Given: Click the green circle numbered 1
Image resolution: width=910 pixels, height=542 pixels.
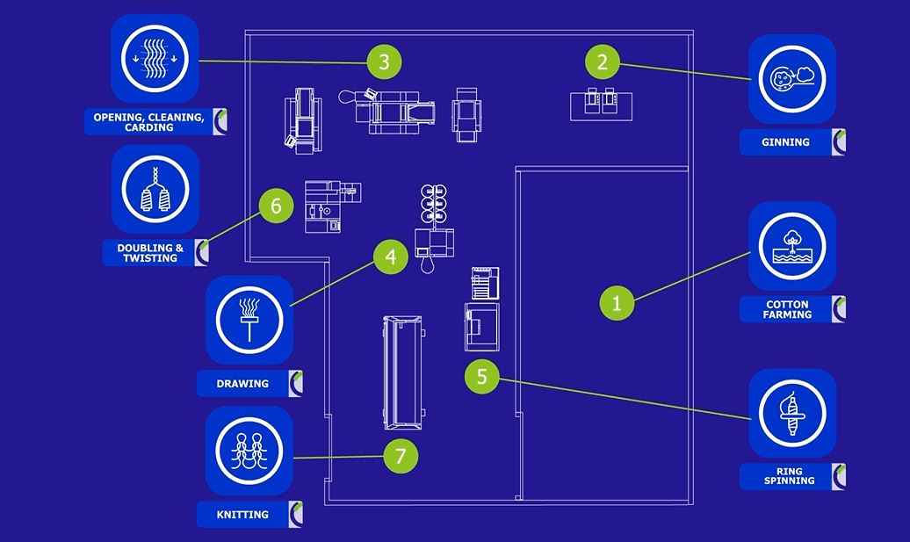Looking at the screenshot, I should click(617, 303).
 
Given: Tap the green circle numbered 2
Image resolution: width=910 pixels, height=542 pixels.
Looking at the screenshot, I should click(603, 61).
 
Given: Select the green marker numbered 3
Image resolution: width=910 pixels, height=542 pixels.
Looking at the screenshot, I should click(384, 61).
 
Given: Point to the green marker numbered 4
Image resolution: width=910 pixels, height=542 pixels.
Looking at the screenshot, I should click(390, 257).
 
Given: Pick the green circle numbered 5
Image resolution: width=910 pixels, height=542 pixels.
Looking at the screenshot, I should click(481, 377).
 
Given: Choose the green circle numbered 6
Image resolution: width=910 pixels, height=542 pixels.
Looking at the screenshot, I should click(276, 206).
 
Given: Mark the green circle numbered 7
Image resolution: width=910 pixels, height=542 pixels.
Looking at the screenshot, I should click(401, 456).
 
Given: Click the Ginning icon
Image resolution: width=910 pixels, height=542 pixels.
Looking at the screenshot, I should click(791, 78).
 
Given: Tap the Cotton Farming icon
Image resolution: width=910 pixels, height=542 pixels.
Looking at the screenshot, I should click(791, 246).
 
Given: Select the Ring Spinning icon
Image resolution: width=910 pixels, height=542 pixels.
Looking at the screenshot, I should click(791, 413).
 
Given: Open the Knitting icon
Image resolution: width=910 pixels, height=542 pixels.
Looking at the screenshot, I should click(249, 450).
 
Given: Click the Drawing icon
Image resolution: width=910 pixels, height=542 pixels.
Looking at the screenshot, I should click(249, 319).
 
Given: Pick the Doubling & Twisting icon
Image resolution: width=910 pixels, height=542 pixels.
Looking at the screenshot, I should click(155, 189).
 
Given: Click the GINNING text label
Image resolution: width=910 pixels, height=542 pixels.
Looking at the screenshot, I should click(786, 142).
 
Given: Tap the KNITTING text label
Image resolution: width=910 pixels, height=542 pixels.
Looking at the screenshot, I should click(242, 515).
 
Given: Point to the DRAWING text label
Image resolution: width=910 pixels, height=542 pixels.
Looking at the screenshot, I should click(242, 384).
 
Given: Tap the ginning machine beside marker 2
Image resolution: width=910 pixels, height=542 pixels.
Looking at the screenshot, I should click(602, 104).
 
